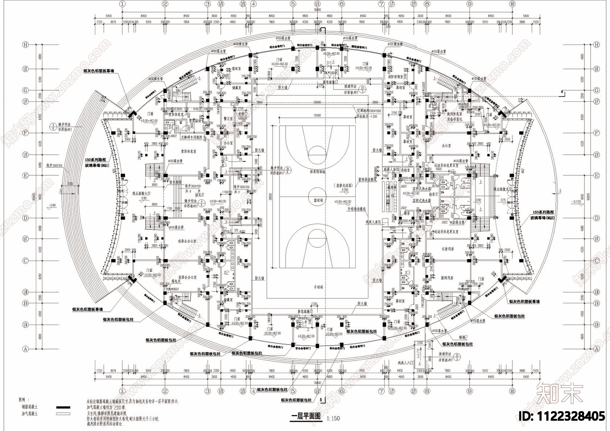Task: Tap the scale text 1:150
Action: point(333,418)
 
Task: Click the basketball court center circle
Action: point(317,192)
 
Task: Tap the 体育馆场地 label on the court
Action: point(317,172)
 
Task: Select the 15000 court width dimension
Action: point(317,115)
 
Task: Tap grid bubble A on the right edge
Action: point(596,349)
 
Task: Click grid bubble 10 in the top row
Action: point(512,4)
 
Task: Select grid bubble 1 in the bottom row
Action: point(122,391)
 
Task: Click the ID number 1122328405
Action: point(562,416)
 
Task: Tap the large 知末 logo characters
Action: point(559,393)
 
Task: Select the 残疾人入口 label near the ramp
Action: point(405,363)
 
